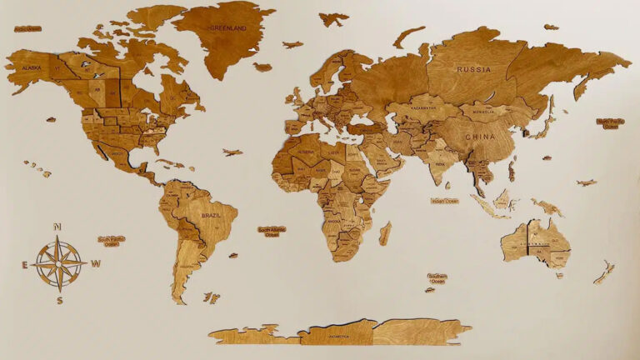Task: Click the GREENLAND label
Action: (x=227, y=27)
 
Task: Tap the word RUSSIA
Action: (x=474, y=70)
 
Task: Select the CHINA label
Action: (x=479, y=136)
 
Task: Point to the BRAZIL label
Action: (x=212, y=216)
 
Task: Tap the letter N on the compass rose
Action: (x=57, y=227)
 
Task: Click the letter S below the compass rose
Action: (x=59, y=299)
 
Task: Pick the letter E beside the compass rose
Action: (x=25, y=265)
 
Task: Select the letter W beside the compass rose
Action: (x=97, y=264)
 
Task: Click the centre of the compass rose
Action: (x=60, y=263)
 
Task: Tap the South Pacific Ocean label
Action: (x=112, y=241)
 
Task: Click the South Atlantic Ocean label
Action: (x=272, y=231)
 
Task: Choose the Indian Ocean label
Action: (x=444, y=201)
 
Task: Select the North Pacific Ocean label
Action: (x=611, y=123)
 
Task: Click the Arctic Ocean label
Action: (x=27, y=29)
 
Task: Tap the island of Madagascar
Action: (x=385, y=232)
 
